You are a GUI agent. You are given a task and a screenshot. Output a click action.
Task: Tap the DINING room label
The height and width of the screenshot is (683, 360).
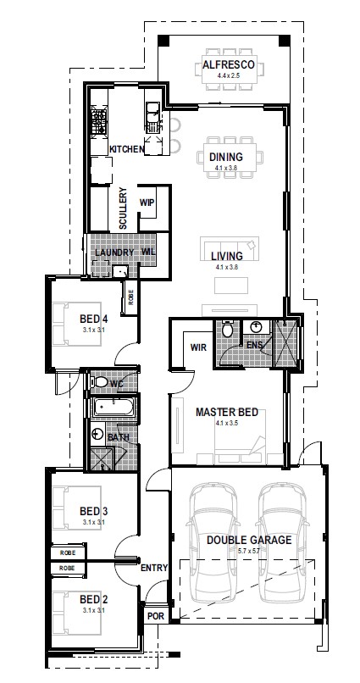(x=226, y=157)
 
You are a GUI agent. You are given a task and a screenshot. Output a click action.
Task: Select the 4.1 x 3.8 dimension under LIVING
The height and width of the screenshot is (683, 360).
(x=226, y=268)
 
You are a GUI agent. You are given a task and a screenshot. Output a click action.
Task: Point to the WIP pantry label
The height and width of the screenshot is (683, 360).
(x=147, y=203)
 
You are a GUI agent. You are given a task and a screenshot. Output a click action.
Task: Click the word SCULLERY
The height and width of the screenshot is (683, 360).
(x=123, y=208)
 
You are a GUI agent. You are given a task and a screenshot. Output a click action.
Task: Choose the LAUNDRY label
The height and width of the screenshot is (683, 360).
(x=114, y=253)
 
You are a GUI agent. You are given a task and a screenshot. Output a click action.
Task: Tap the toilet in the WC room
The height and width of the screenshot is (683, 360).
(x=98, y=382)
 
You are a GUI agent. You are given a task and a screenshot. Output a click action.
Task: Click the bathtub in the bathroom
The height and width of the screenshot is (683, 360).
(x=113, y=408)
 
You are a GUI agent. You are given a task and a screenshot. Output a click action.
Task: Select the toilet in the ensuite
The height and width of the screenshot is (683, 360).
(x=227, y=329)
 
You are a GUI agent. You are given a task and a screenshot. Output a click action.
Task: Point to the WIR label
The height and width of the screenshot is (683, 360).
(x=198, y=347)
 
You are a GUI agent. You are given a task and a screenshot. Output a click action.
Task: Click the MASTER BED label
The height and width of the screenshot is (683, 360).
(x=227, y=412)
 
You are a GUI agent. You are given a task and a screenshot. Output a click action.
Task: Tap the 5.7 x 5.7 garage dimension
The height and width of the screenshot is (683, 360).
(x=249, y=551)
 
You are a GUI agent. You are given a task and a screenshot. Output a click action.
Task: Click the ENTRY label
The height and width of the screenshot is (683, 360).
(x=154, y=568)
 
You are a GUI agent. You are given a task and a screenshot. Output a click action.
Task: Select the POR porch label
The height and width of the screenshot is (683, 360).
(x=156, y=616)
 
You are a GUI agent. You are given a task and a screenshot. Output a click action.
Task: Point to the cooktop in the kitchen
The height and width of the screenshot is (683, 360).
(x=99, y=121)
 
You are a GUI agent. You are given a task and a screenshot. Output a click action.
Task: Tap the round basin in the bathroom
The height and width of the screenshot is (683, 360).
(x=97, y=434)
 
